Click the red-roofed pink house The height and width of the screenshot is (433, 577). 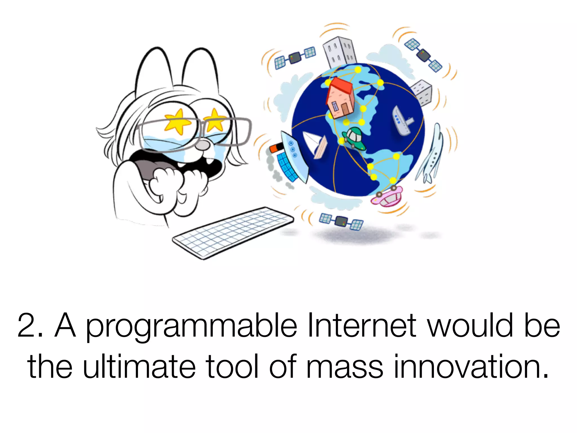340,99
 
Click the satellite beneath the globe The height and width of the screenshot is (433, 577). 341,220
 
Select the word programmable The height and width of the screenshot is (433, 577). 191,327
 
